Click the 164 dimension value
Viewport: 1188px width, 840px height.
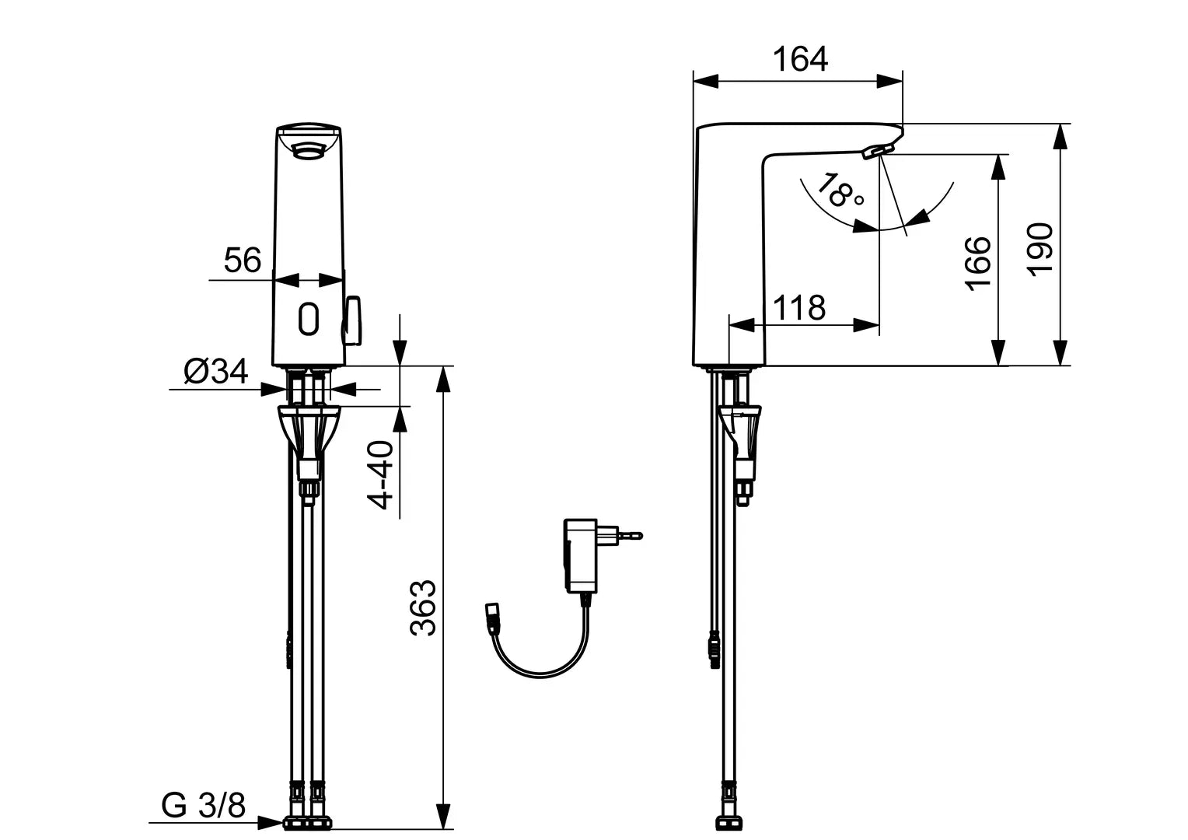[x=800, y=60]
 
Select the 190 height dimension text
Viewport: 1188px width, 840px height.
[x=1040, y=247]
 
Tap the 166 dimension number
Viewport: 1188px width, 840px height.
[x=978, y=262]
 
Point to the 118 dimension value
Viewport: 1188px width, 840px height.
[x=800, y=308]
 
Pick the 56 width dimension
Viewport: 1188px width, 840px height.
[x=243, y=260]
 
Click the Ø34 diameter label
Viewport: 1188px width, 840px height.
[x=215, y=372]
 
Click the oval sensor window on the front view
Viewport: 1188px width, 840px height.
[x=309, y=319]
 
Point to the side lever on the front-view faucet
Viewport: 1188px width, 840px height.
[x=353, y=319]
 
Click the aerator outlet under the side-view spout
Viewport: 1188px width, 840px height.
[x=878, y=150]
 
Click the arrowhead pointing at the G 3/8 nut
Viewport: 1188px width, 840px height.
[x=272, y=821]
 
